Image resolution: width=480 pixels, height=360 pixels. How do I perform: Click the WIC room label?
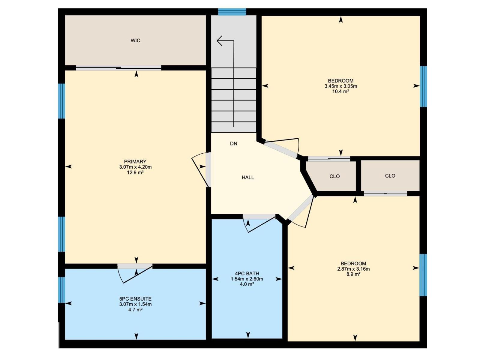[135, 40]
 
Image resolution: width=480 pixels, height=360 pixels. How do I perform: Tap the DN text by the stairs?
[233, 144]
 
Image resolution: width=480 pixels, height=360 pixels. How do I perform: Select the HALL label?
[248, 178]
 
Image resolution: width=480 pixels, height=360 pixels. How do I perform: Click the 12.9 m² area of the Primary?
[135, 172]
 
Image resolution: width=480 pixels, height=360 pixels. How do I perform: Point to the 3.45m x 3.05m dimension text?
[340, 86]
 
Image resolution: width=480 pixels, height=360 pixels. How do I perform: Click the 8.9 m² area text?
[353, 274]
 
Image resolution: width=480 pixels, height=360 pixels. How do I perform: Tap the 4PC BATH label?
[247, 274]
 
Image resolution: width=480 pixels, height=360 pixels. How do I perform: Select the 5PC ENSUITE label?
[135, 299]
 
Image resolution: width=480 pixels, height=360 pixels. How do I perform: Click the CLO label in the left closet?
[334, 176]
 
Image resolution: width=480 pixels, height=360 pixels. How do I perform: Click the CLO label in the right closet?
[390, 176]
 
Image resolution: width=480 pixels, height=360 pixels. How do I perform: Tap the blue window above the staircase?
[232, 12]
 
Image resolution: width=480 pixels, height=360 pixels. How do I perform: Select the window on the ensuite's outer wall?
[61, 290]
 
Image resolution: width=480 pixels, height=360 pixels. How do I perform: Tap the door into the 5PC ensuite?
[135, 266]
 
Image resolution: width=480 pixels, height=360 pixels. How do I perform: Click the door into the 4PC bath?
[259, 217]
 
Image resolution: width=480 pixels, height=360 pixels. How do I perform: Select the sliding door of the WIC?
[118, 68]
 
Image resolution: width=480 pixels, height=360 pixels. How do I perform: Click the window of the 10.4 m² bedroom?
[423, 86]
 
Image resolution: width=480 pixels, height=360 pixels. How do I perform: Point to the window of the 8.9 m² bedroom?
[423, 275]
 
